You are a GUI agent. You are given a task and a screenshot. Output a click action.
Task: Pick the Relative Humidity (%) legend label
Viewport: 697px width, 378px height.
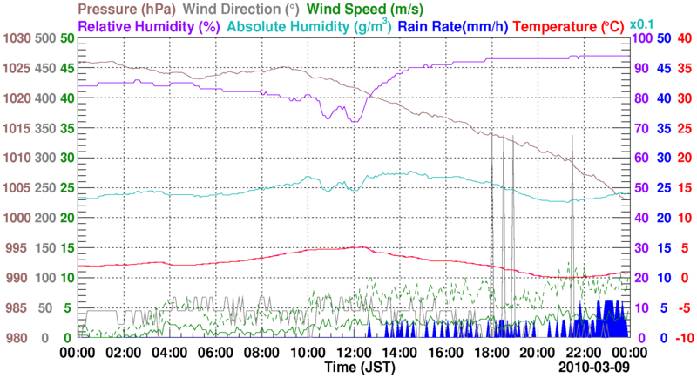[x=147, y=26]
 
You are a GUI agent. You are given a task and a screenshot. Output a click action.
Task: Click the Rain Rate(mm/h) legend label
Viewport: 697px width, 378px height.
[x=452, y=26]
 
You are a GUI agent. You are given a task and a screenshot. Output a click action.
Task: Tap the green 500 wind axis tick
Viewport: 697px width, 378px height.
[x=44, y=38]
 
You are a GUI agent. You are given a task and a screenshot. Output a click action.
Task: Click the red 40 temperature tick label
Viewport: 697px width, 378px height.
[x=684, y=38]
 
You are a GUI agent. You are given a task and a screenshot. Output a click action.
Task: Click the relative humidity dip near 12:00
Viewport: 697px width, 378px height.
[x=354, y=119]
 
